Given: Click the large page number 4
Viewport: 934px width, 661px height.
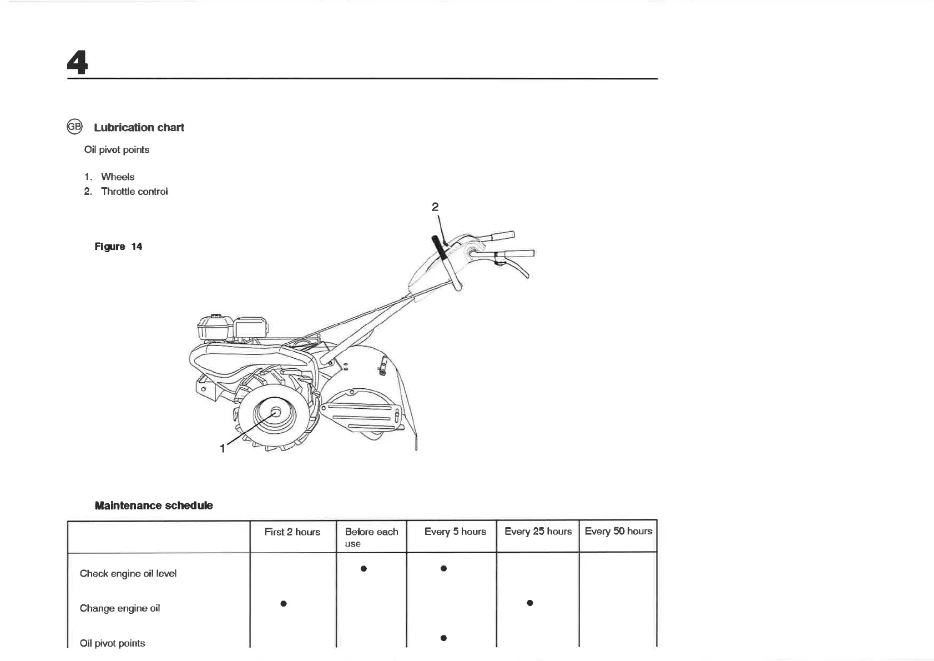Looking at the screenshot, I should pyautogui.click(x=77, y=62).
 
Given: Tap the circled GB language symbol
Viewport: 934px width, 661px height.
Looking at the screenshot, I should pyautogui.click(x=74, y=127).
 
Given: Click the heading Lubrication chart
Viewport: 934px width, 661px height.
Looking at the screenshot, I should pyautogui.click(x=139, y=127).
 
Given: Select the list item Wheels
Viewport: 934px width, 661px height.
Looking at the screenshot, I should pyautogui.click(x=118, y=177).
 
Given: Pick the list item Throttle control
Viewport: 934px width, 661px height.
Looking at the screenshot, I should pyautogui.click(x=134, y=191).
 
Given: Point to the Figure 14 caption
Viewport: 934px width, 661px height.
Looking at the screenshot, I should pyautogui.click(x=118, y=247).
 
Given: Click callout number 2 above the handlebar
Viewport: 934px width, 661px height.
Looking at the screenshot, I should pyautogui.click(x=435, y=207).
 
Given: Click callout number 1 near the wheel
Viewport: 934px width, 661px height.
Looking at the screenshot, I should pyautogui.click(x=223, y=448).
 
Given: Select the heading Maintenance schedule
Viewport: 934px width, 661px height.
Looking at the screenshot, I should pyautogui.click(x=154, y=505).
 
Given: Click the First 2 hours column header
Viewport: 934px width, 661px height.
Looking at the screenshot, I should pyautogui.click(x=292, y=532).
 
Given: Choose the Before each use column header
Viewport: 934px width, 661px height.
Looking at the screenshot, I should pyautogui.click(x=371, y=537).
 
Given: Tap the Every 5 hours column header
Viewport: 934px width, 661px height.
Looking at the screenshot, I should pyautogui.click(x=455, y=532).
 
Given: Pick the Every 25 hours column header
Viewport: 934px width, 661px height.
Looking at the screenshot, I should pyautogui.click(x=538, y=532).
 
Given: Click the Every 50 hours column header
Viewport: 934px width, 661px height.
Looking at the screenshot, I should pyautogui.click(x=618, y=531).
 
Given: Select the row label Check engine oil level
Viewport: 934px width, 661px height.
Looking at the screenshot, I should pyautogui.click(x=128, y=573).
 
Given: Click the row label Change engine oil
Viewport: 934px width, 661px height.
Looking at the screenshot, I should pyautogui.click(x=120, y=608).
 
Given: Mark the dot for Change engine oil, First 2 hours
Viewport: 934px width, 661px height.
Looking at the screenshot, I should pyautogui.click(x=284, y=603).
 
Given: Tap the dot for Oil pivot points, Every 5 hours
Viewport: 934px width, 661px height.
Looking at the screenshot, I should pyautogui.click(x=443, y=638).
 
